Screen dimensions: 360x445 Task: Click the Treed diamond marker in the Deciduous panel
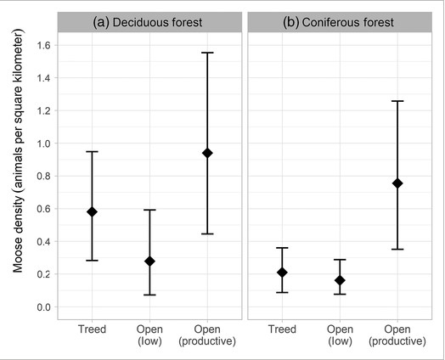92,211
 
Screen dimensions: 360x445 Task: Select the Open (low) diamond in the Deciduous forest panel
149,261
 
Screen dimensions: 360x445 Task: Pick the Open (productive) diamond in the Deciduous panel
207,153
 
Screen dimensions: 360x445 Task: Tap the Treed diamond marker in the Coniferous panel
282,272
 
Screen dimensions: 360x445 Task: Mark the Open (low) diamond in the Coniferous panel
340,280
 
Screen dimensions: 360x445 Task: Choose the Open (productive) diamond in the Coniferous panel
397,183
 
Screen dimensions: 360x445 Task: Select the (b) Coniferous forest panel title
340,23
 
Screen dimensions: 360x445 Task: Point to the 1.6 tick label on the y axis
42,45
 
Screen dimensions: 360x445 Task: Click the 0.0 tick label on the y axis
42,307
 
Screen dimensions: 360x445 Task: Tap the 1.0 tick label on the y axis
42,143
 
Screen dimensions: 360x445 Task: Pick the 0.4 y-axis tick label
42,241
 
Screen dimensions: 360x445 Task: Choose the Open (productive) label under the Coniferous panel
397,334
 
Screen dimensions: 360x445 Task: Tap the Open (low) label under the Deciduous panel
149,334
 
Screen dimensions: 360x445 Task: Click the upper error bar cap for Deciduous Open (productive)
207,53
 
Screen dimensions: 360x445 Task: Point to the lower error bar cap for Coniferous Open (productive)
397,250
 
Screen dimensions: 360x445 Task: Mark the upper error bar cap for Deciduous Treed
92,151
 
